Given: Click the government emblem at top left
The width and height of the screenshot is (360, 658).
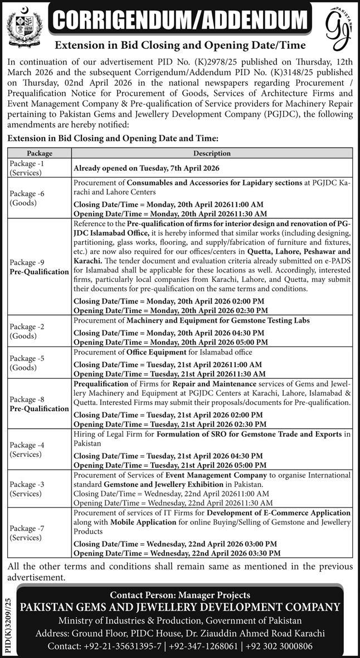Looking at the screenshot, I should click(x=21, y=26).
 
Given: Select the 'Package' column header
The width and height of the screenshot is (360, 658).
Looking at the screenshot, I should click(x=39, y=153).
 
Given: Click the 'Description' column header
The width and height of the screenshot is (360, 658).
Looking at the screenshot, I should click(x=212, y=153).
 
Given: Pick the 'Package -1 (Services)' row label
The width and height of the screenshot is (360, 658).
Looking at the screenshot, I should click(x=27, y=168).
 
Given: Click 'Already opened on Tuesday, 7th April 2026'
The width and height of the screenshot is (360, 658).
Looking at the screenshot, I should click(x=147, y=168).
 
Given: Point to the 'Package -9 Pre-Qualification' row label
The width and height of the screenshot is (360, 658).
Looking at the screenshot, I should click(x=38, y=267).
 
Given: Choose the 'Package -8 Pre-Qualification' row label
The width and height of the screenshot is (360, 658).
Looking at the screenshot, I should click(x=38, y=404).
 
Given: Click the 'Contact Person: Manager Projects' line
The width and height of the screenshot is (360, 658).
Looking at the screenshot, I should click(x=180, y=595).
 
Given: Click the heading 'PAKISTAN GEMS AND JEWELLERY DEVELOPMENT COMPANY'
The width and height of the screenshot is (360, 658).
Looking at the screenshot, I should click(x=180, y=607).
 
